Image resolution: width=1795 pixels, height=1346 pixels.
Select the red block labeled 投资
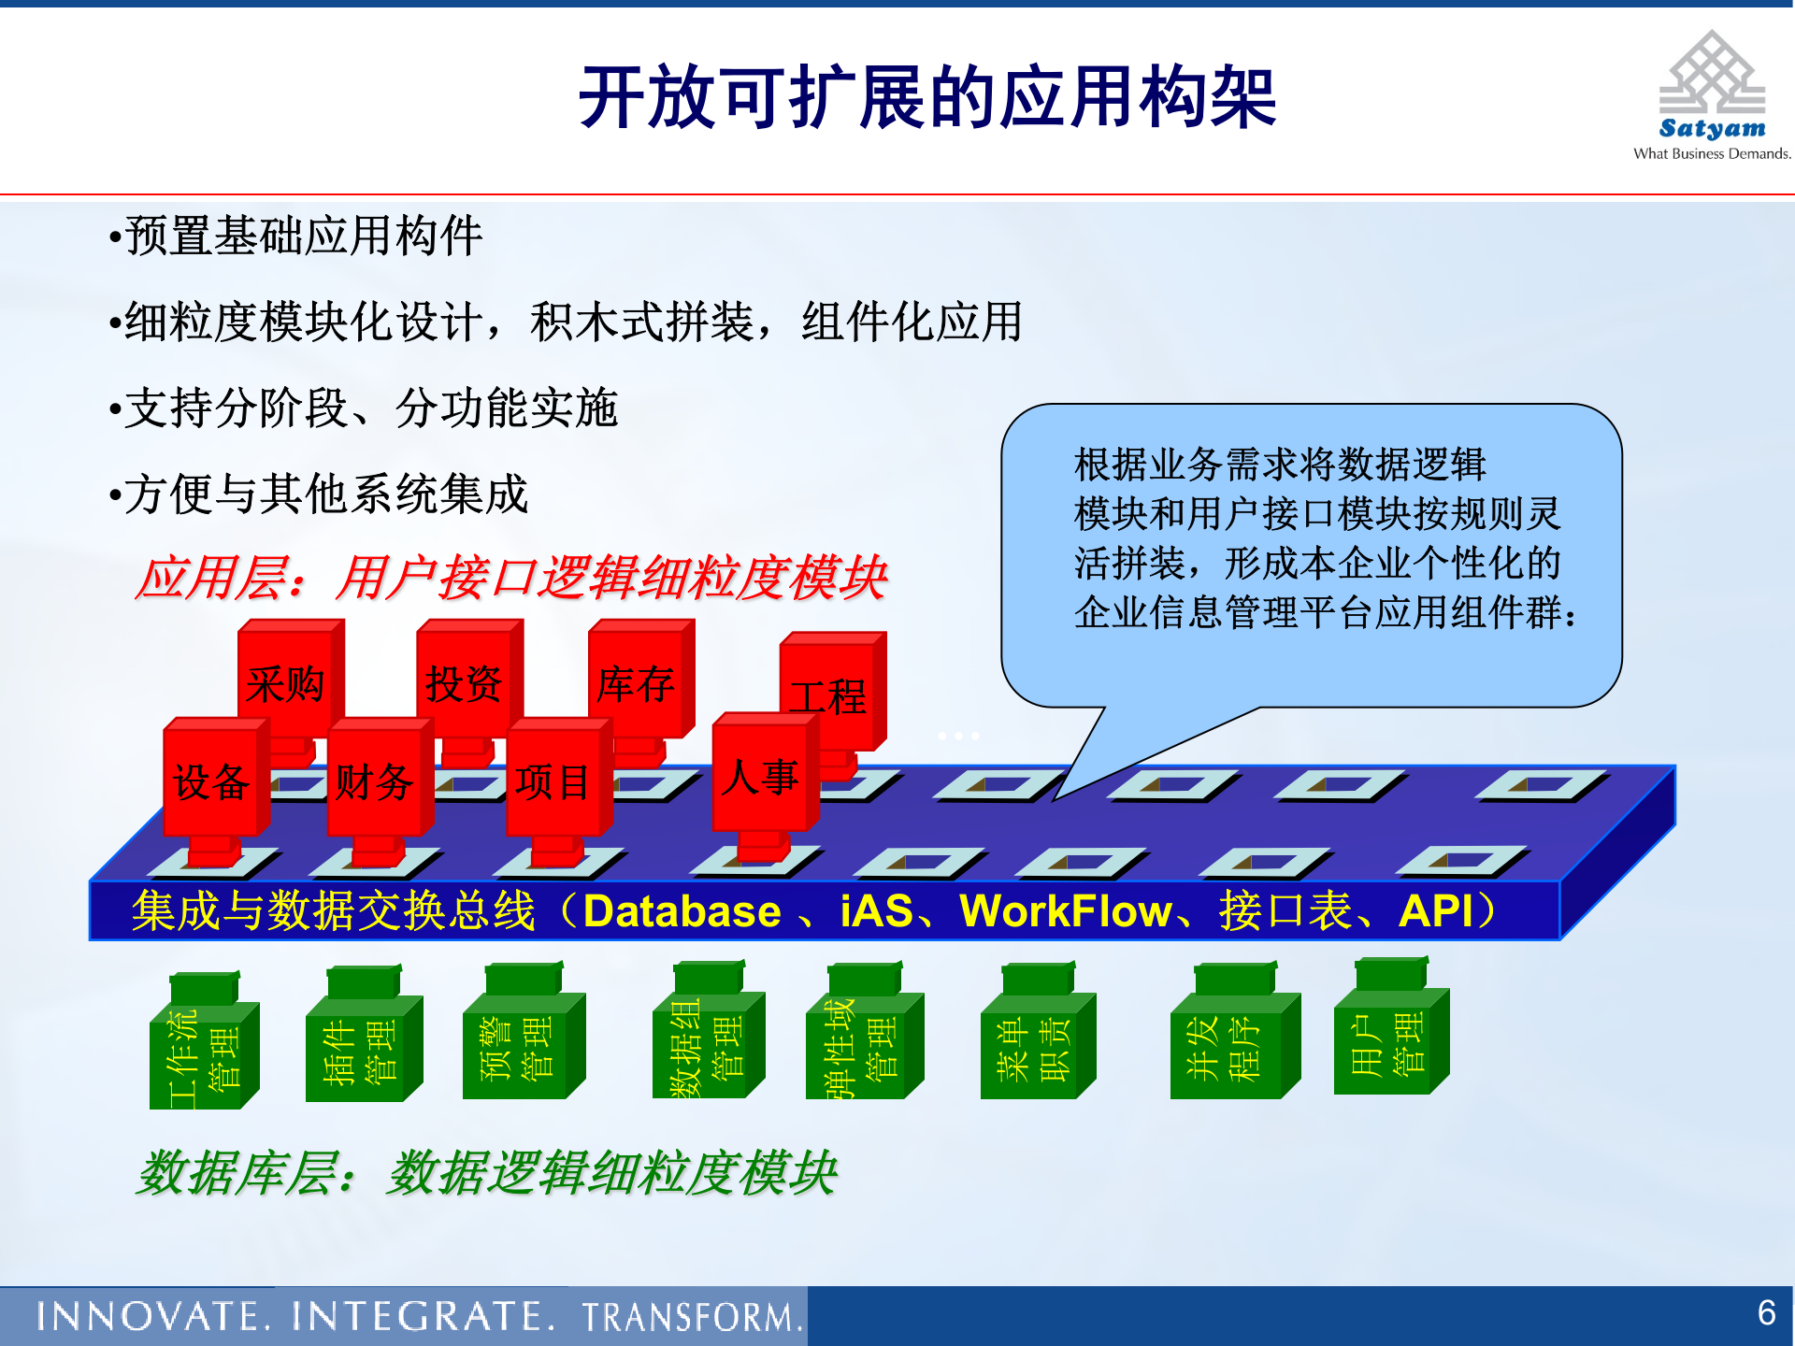[x=465, y=683]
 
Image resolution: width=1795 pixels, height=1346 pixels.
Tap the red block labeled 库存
[x=637, y=683]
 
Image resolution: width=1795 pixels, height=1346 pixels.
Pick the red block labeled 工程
[x=829, y=694]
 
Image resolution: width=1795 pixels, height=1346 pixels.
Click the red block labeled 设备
[x=212, y=781]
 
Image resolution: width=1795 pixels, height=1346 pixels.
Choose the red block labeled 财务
[x=375, y=781]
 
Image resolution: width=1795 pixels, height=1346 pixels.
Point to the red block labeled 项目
[x=553, y=781]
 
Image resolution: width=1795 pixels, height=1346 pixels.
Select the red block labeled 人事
[x=760, y=776]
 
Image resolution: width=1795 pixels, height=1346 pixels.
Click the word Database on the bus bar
[x=682, y=911]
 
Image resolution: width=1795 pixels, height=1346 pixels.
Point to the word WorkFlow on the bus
[x=1066, y=911]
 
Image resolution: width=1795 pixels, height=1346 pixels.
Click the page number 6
[x=1766, y=1313]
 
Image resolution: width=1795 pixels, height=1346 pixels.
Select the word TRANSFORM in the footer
[x=693, y=1317]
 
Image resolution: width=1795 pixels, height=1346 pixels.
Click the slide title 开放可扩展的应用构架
[x=927, y=98]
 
